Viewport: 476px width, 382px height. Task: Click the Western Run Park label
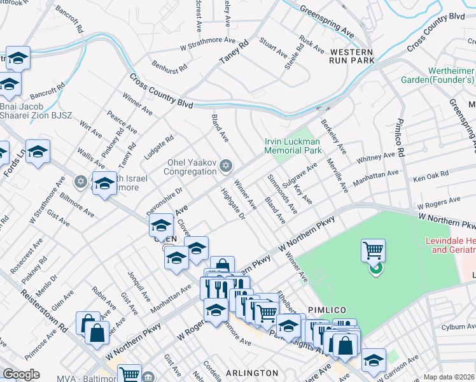pos(353,55)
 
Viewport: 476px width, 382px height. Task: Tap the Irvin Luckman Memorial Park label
pos(293,146)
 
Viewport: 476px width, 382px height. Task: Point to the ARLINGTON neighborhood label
pos(252,372)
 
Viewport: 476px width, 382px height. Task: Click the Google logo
pos(21,374)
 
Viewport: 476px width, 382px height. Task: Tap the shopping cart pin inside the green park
pos(373,250)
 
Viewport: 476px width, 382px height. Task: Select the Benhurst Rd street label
pos(169,66)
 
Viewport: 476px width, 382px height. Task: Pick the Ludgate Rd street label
pos(159,147)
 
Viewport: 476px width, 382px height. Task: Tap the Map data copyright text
pos(449,377)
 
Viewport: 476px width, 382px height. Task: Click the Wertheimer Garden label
pos(438,74)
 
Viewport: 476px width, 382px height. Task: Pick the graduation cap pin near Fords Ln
pos(38,152)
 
